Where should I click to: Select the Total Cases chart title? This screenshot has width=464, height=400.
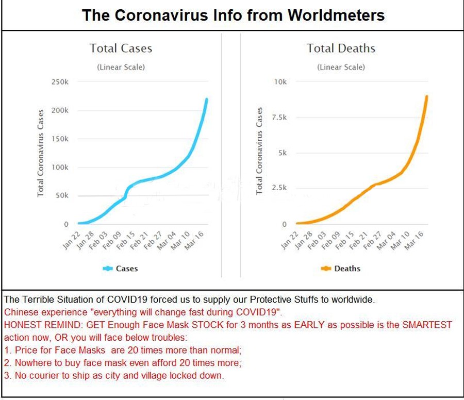pos(121,48)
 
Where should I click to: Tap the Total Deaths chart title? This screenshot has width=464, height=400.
pos(341,48)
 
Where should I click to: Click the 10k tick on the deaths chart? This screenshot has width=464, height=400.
pos(280,82)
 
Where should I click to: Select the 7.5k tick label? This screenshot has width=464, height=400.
pos(279,118)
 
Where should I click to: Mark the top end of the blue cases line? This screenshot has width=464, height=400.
pos(207,99)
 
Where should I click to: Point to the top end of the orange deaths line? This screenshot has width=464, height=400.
pos(427,96)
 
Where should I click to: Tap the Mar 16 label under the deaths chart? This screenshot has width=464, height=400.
pos(413,240)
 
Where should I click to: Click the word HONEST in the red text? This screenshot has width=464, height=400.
pos(22,325)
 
